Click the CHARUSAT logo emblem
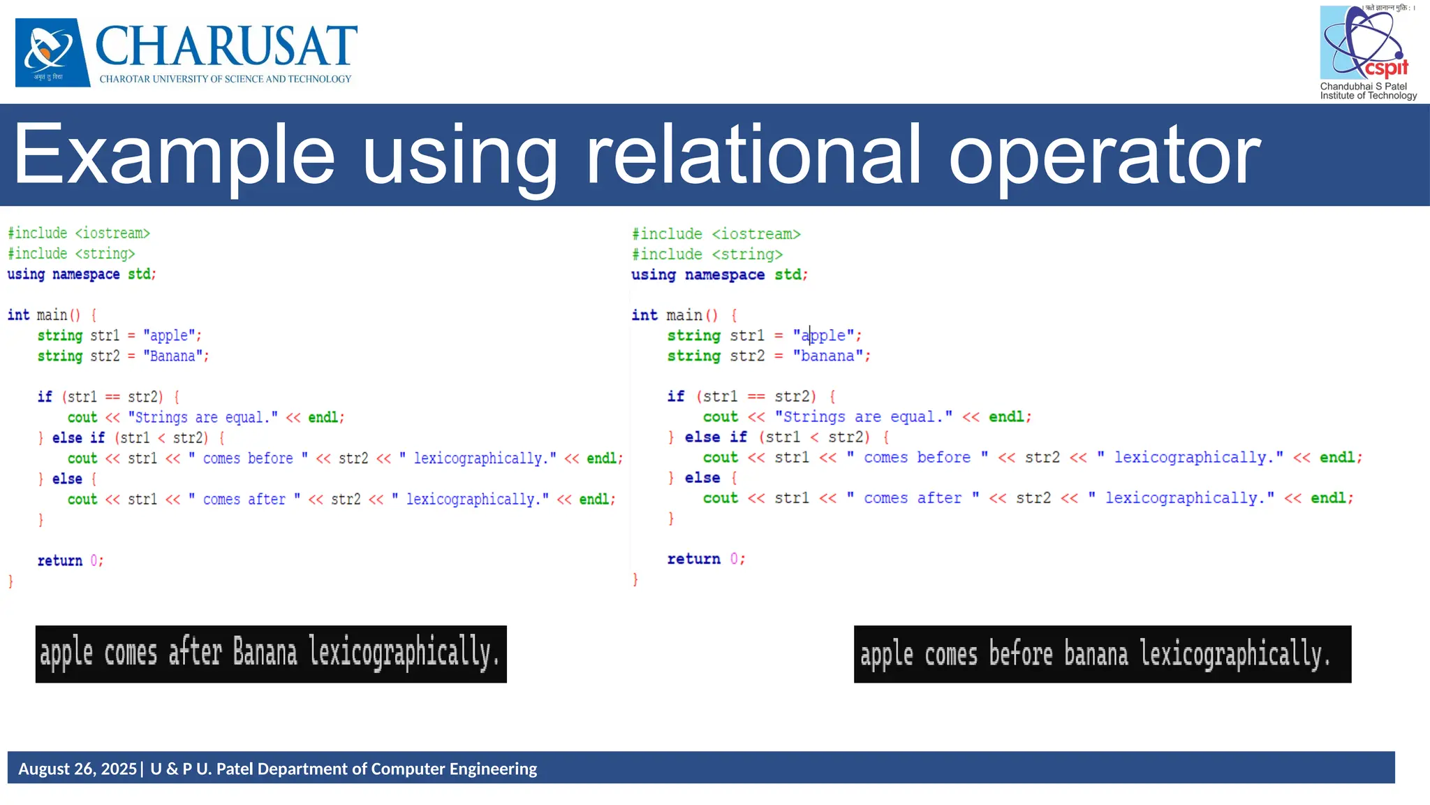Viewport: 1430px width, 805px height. tap(52, 52)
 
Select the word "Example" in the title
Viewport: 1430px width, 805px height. tap(175, 155)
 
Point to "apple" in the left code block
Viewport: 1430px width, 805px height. tap(170, 336)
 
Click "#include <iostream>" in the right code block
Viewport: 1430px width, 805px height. tap(716, 234)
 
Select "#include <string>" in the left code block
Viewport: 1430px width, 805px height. tap(71, 254)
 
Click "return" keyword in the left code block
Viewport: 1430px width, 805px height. tap(59, 560)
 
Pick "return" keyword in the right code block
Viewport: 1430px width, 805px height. tap(693, 559)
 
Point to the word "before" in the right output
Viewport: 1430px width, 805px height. tap(1020, 655)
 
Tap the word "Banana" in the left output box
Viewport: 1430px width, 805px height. tap(265, 653)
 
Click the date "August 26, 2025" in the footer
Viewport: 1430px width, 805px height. tap(78, 769)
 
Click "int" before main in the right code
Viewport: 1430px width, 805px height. tap(644, 315)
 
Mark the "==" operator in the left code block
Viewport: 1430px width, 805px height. tap(112, 397)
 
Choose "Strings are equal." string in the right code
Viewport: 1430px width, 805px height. tap(863, 417)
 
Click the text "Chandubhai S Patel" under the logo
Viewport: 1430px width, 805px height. tap(1363, 87)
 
